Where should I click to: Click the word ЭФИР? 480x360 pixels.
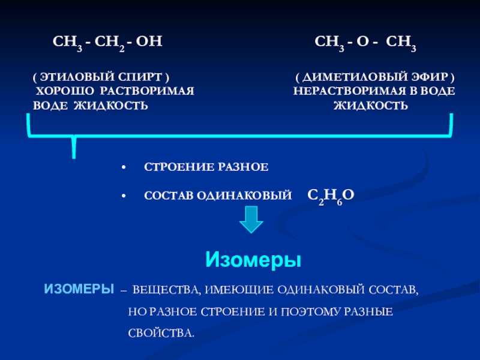430,78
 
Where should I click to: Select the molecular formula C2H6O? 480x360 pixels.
331,195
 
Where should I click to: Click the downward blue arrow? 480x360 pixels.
251,220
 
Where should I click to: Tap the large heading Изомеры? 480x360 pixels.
253,260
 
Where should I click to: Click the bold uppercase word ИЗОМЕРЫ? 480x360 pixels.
79,289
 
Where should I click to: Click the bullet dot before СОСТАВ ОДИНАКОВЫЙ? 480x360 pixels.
123,196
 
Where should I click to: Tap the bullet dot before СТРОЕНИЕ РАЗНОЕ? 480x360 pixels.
123,166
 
